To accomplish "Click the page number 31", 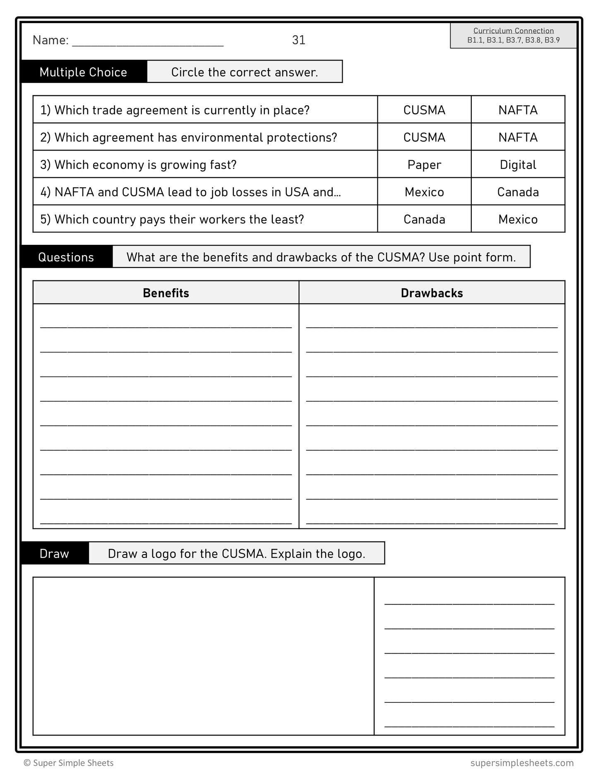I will pos(298,40).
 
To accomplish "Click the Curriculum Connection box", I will pos(513,36).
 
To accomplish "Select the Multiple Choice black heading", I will pos(83,72).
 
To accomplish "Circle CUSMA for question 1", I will pos(424,110).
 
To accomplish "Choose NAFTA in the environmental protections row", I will pos(518,138).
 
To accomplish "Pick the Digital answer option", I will pos(518,165).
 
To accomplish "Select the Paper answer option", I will pos(424,165).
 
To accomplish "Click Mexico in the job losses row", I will pos(424,192).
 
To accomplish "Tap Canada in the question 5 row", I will pos(424,220).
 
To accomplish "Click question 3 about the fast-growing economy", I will pos(138,165).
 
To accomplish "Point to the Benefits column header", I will pos(166,293).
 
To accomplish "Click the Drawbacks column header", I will pos(432,293).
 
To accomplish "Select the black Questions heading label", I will pos(66,257).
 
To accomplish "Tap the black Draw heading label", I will pos(54,554).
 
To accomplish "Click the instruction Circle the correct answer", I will pos(245,72).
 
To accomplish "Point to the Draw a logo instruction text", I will pos(236,554).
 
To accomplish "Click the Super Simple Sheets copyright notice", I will pos(69,763).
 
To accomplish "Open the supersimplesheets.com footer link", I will pos(522,763).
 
